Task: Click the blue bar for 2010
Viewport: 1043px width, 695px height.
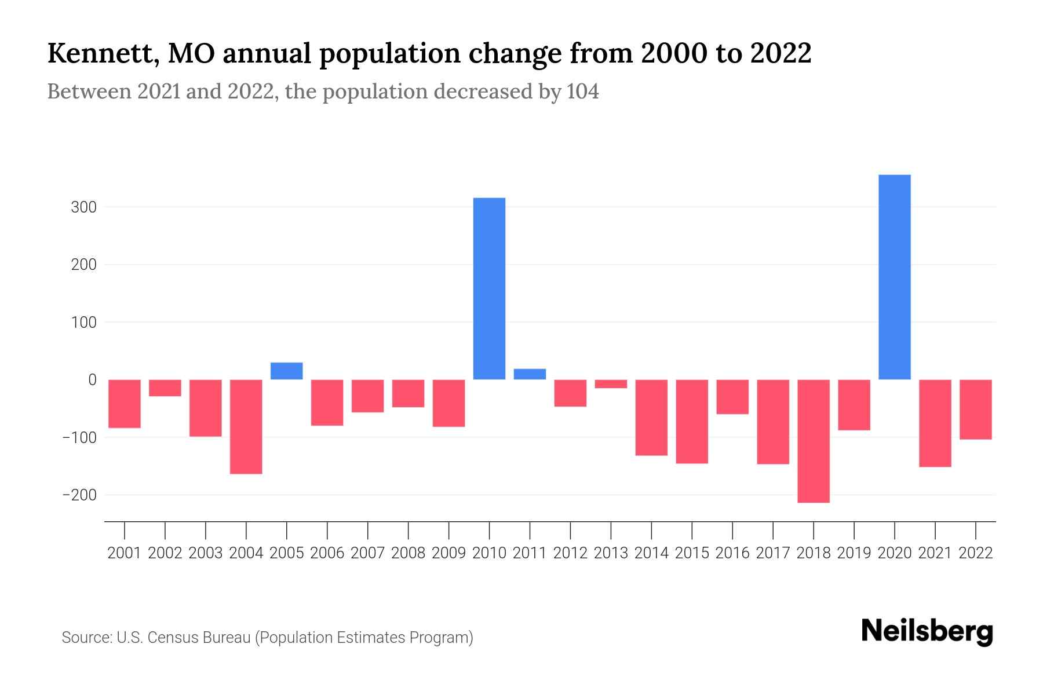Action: pyautogui.click(x=489, y=288)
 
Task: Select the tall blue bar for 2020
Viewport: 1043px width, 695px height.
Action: pyautogui.click(x=894, y=277)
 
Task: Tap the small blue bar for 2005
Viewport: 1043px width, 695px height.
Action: pyautogui.click(x=286, y=371)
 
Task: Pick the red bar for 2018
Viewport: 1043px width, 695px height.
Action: pyautogui.click(x=813, y=441)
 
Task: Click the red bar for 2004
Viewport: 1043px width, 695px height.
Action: pyautogui.click(x=246, y=426)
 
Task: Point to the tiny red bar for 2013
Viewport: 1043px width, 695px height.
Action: pyautogui.click(x=611, y=384)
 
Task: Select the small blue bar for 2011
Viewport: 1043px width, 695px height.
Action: pyautogui.click(x=530, y=374)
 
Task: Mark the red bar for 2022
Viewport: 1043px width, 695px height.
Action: pyautogui.click(x=975, y=409)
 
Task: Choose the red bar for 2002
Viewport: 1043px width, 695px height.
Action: pyautogui.click(x=165, y=388)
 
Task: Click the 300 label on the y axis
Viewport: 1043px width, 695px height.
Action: pyautogui.click(x=83, y=207)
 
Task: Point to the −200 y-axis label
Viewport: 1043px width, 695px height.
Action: pyautogui.click(x=79, y=495)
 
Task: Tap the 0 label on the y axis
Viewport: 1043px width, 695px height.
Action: pyautogui.click(x=92, y=380)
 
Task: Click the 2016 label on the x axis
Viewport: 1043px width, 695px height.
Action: pyautogui.click(x=732, y=553)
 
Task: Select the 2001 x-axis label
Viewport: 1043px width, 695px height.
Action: pyautogui.click(x=125, y=553)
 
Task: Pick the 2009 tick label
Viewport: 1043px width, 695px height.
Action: pyautogui.click(x=448, y=553)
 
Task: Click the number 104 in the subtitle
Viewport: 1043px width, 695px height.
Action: pyautogui.click(x=582, y=92)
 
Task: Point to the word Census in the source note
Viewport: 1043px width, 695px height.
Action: pyautogui.click(x=172, y=638)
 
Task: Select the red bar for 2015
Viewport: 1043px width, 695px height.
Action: pyautogui.click(x=692, y=422)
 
